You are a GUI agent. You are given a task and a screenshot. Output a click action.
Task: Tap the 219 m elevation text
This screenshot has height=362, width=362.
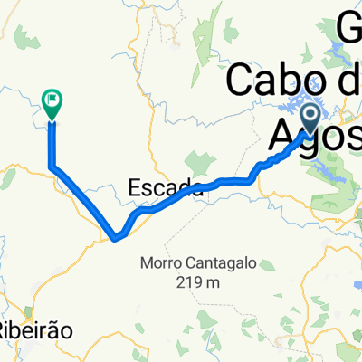click(x=207, y=283)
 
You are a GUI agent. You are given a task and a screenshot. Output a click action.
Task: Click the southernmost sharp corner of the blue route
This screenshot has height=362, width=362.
click(x=116, y=239)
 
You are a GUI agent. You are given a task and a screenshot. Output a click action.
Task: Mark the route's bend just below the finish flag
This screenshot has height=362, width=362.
click(x=52, y=166)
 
